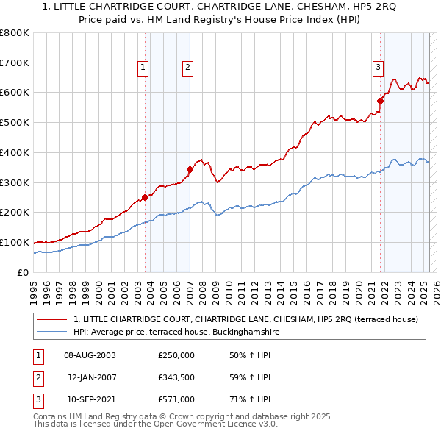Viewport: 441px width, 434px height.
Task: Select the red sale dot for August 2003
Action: pos(145,196)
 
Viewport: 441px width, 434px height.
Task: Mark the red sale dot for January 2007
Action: pos(190,169)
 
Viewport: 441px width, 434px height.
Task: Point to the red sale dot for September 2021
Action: pos(381,101)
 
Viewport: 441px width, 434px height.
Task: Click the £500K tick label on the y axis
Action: pos(14,122)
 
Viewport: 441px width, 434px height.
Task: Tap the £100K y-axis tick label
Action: pos(14,242)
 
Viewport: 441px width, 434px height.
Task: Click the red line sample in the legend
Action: pos(52,319)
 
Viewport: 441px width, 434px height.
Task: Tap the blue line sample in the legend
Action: pos(52,332)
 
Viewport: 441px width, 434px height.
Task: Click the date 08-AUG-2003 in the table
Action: pos(90,355)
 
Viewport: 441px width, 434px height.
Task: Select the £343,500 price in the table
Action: pos(176,378)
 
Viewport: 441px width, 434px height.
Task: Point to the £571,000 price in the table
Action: pos(176,401)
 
